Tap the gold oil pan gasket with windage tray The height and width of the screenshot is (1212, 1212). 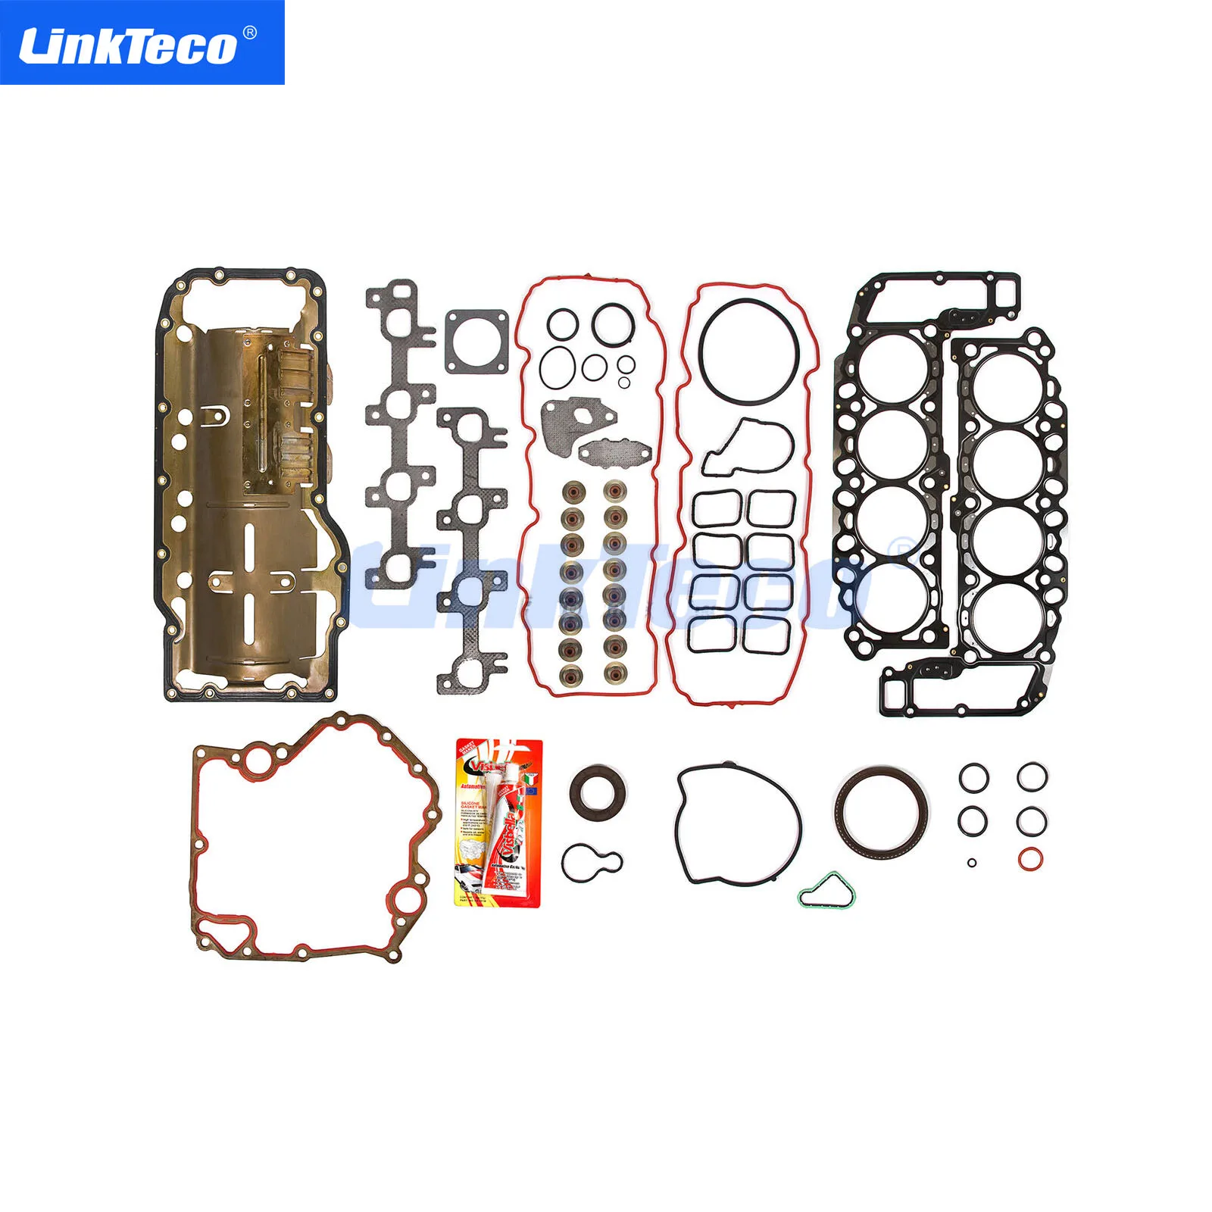click(250, 485)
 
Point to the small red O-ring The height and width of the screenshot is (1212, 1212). click(1030, 859)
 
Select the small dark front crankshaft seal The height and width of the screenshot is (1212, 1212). click(598, 792)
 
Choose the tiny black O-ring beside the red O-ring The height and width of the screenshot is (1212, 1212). click(972, 862)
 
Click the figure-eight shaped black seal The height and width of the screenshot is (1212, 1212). click(592, 862)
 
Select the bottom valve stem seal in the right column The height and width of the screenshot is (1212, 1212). click(614, 671)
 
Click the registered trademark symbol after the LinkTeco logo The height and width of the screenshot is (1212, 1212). click(249, 33)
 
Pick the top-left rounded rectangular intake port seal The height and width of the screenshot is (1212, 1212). click(717, 508)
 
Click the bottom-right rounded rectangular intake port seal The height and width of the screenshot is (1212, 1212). click(767, 633)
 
